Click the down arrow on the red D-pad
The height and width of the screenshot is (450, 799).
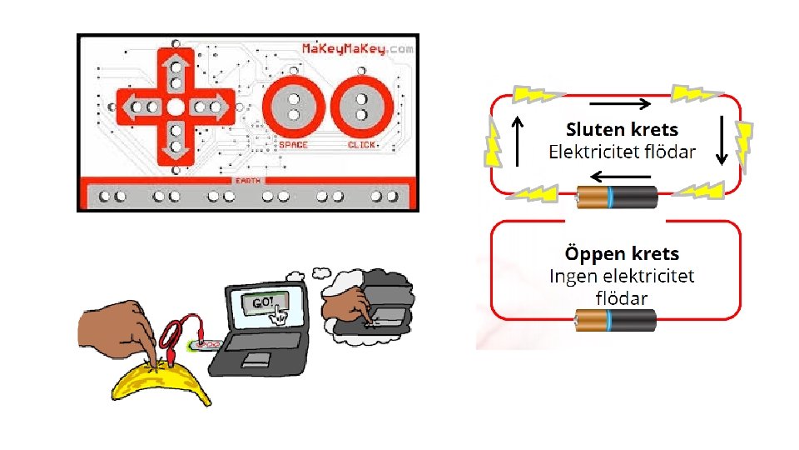point(176,142)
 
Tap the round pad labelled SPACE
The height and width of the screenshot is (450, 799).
point(293,106)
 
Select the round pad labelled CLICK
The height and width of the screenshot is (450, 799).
point(361,106)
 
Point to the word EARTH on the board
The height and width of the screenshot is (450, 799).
point(246,180)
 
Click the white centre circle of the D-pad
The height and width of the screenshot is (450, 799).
point(176,107)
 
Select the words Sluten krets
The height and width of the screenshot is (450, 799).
point(622,130)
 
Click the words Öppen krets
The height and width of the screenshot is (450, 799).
point(622,253)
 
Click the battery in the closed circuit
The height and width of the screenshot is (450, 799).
point(618,197)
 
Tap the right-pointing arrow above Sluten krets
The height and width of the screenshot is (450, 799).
point(620,105)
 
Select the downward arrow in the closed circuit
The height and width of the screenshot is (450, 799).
point(722,139)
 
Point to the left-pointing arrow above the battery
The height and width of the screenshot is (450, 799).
point(620,177)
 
